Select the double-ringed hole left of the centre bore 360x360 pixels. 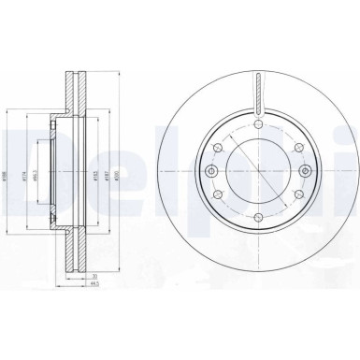pos(213,173)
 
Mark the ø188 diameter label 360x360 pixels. pos(7,173)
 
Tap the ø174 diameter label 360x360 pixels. pos(25,173)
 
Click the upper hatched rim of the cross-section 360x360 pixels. pos(73,89)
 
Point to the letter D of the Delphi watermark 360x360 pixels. pos(20,154)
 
